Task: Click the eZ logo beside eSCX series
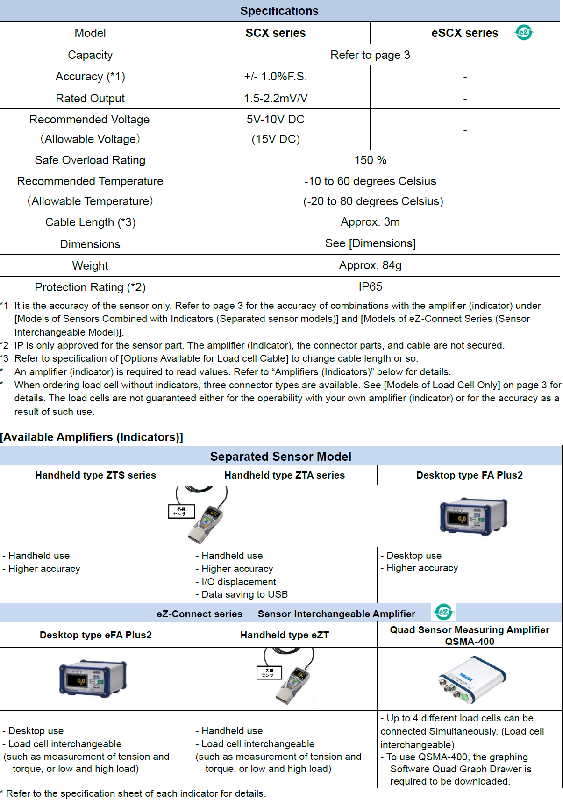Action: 524,32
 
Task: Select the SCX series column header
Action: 275,33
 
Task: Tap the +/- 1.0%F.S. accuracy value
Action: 275,77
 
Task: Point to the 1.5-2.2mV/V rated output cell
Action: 275,99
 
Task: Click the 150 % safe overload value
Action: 370,160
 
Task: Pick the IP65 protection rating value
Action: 370,287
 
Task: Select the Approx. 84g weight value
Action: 370,265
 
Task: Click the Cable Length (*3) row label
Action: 90,222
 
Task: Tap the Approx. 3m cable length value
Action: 370,222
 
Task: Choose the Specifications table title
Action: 279,11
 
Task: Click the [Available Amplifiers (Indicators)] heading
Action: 92,437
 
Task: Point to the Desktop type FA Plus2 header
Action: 469,475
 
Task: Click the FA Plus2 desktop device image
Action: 473,516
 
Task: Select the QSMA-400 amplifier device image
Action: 472,680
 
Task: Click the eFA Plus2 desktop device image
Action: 93,679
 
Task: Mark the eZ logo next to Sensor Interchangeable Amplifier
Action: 443,612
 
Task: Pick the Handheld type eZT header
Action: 285,635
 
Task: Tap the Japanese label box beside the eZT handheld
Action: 270,672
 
